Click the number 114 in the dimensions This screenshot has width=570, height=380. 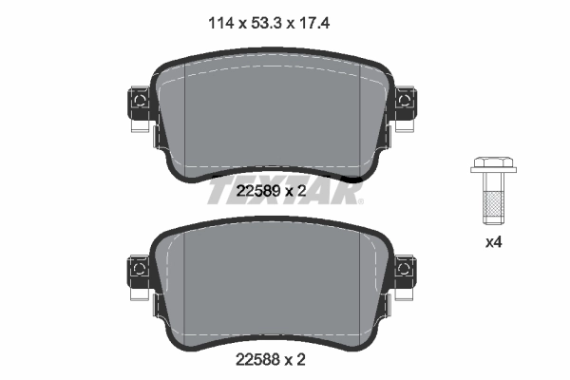click(x=221, y=20)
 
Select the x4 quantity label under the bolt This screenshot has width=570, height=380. click(x=493, y=242)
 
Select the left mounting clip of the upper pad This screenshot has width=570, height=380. click(x=138, y=106)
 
